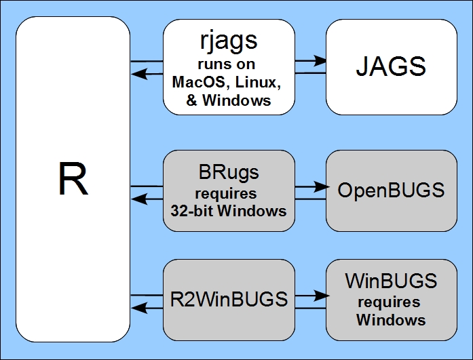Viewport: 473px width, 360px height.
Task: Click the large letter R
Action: (x=73, y=179)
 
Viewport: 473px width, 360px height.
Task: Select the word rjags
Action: (x=229, y=40)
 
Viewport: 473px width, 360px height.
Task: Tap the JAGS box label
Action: (x=391, y=66)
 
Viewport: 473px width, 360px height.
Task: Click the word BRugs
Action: (x=229, y=172)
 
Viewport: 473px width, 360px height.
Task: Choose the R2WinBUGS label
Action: (x=229, y=299)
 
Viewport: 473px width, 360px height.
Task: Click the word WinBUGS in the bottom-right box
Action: (x=391, y=281)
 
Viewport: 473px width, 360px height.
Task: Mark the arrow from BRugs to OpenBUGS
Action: (x=310, y=185)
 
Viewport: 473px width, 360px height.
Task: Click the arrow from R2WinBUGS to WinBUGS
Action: (x=310, y=296)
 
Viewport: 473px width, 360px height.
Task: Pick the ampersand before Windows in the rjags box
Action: (x=191, y=100)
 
